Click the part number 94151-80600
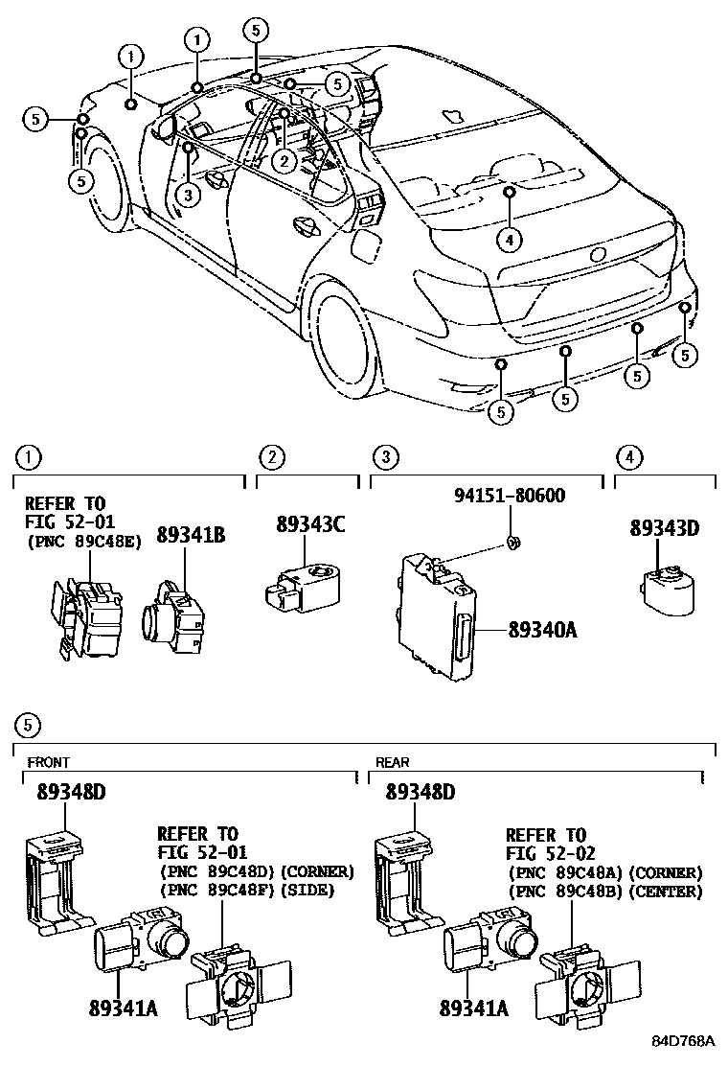(x=509, y=496)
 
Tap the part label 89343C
(x=310, y=524)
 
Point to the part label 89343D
(x=664, y=527)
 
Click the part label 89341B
(x=191, y=536)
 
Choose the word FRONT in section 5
(x=48, y=762)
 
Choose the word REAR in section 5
(x=392, y=762)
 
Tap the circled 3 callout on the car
(x=189, y=196)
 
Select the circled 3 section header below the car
(x=384, y=457)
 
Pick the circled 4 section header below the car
(x=629, y=457)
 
